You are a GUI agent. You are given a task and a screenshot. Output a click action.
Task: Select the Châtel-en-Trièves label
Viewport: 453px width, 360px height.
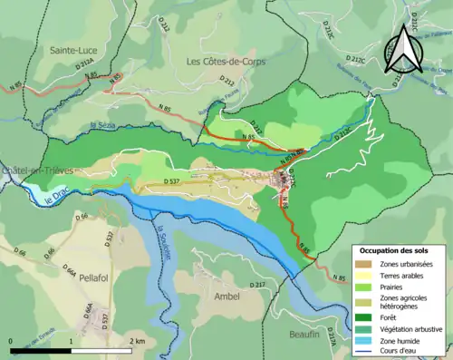tap(38, 170)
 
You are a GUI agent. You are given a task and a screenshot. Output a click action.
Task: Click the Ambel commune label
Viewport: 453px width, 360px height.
tap(226, 296)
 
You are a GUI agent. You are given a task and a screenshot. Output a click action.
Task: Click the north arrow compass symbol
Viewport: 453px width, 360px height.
tap(401, 50)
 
